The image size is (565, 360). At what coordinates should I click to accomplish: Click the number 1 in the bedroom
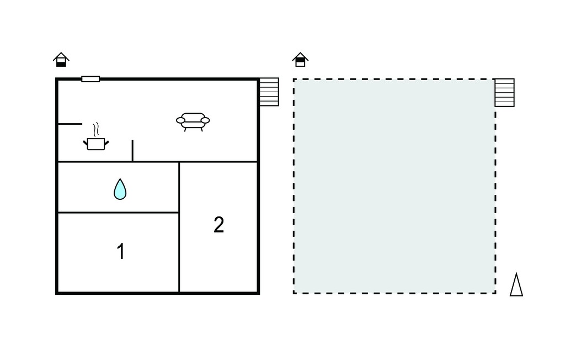pos(121,251)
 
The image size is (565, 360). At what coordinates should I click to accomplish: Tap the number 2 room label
pos(218,225)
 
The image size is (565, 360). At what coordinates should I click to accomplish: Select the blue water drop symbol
pos(120,189)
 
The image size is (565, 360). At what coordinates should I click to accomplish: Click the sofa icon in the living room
pos(193,122)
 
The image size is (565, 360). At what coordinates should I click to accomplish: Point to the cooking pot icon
pos(96,144)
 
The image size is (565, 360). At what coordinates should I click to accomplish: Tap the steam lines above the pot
pos(96,129)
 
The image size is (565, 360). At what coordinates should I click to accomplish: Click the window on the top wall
pos(90,79)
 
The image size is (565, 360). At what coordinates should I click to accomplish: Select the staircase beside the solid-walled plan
pos(269,92)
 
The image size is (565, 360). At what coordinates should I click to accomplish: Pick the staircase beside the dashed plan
pos(504,93)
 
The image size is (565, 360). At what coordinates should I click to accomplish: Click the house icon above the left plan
pos(61,60)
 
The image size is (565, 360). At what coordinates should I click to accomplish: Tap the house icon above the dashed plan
pos(300,60)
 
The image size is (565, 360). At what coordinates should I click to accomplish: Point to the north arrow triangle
pos(516,284)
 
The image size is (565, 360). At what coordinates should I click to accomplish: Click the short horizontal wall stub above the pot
pos(70,124)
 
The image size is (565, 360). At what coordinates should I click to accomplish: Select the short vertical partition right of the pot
pos(132,151)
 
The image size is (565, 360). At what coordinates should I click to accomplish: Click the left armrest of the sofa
pos(180,120)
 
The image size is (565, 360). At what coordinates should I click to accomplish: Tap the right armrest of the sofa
pos(205,120)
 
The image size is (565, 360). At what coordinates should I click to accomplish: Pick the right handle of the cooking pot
pos(106,143)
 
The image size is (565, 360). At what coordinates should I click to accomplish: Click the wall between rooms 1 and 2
pos(179,252)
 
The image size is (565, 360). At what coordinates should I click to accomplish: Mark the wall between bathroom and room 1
pos(118,213)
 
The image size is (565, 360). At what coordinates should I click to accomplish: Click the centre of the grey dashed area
pos(395,186)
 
